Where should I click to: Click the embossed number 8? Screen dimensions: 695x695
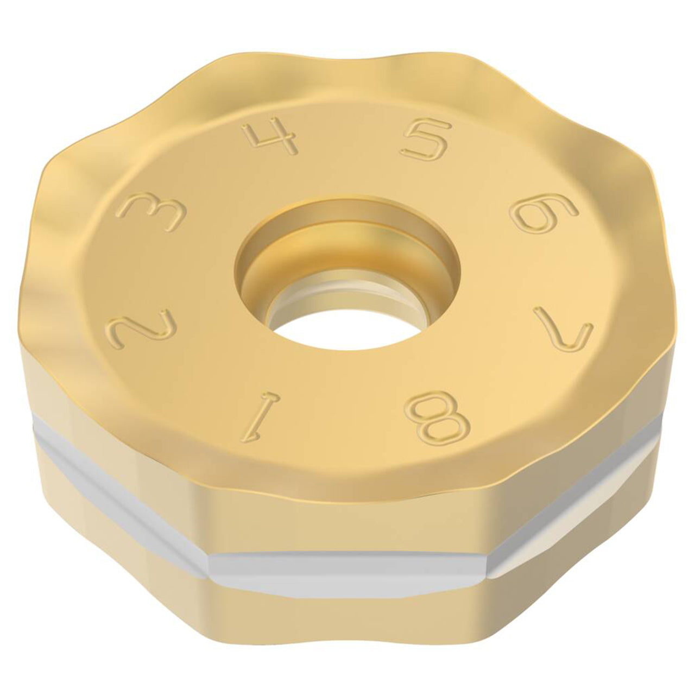coord(438,419)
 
